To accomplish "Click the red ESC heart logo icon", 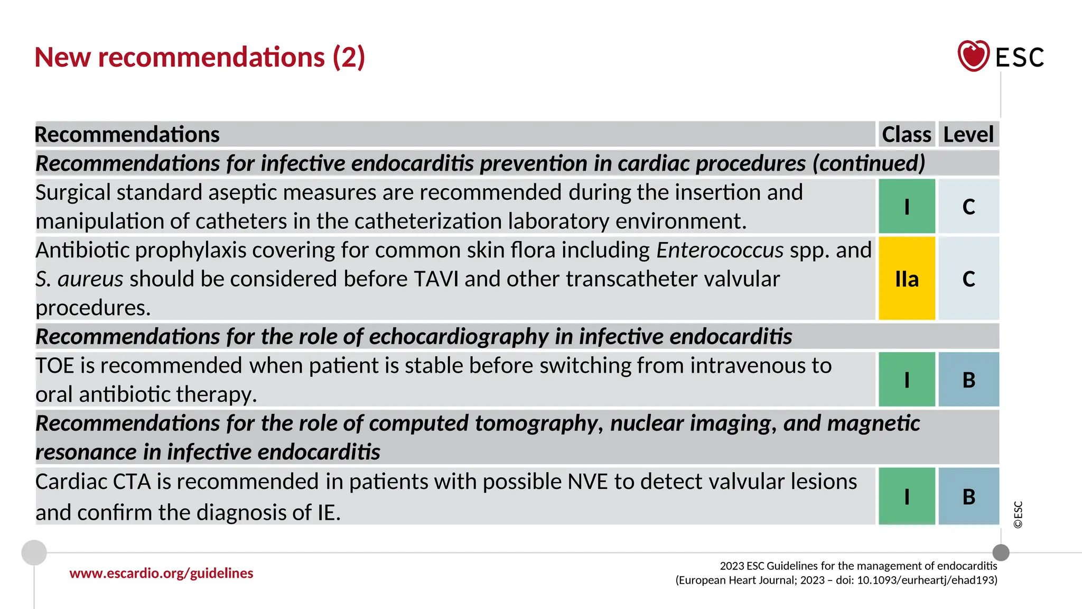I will (973, 56).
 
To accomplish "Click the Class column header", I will (907, 134).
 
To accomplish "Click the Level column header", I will (968, 134).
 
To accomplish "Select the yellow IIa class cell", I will (907, 279).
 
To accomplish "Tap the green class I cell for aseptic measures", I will (907, 206).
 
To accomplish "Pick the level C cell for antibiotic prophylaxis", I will (968, 279).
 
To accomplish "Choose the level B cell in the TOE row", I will (968, 380).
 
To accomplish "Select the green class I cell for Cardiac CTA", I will (907, 496).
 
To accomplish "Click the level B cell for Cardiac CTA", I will (968, 496).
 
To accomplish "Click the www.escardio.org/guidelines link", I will (161, 573).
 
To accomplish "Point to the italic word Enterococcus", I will (720, 250).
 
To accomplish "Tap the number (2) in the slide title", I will (349, 57).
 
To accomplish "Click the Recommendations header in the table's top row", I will (127, 134).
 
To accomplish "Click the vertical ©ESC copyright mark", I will (1018, 514).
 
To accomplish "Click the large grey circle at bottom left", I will (34, 552).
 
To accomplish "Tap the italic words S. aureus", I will (79, 279).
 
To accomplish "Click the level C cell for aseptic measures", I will (968, 206).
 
